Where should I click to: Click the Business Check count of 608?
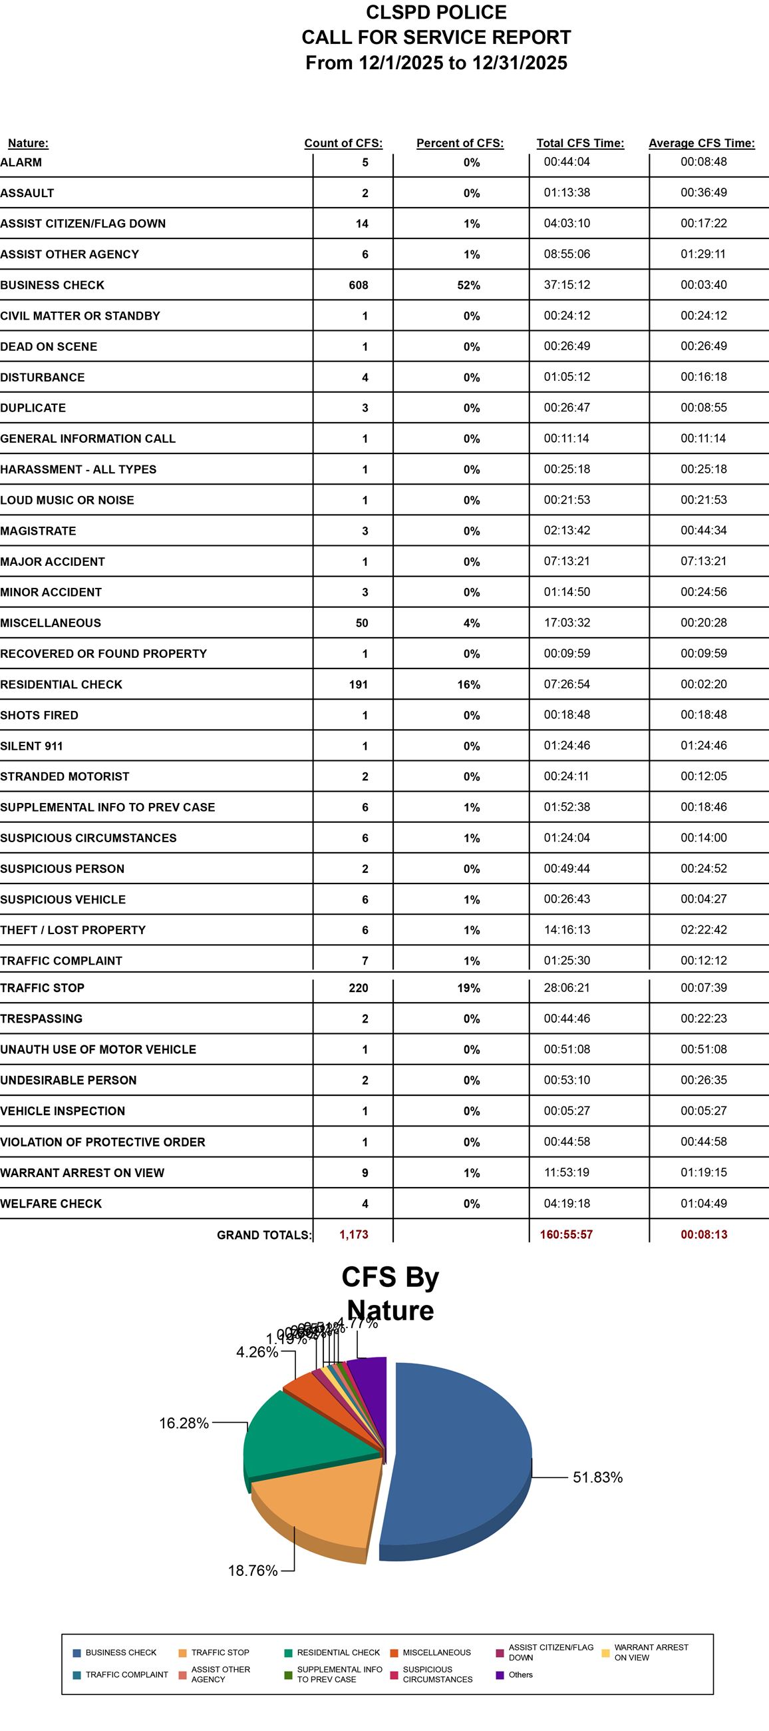click(358, 285)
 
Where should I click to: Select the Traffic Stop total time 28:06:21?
click(567, 987)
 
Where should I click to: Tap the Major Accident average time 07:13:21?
click(703, 561)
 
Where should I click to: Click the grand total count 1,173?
click(353, 1234)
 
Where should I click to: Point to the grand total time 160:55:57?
click(566, 1234)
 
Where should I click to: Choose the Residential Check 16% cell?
click(468, 684)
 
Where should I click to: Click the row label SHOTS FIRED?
click(39, 715)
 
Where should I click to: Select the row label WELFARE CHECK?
click(51, 1204)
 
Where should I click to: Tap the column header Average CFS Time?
click(701, 143)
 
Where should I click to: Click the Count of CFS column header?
click(343, 143)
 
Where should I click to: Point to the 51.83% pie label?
click(597, 1477)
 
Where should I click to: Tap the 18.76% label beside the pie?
click(253, 1571)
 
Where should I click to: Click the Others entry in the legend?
click(520, 1674)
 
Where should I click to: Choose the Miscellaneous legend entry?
click(436, 1652)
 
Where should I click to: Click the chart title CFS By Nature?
click(390, 1293)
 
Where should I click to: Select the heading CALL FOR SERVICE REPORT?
click(436, 37)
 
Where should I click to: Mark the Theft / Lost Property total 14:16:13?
click(567, 929)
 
